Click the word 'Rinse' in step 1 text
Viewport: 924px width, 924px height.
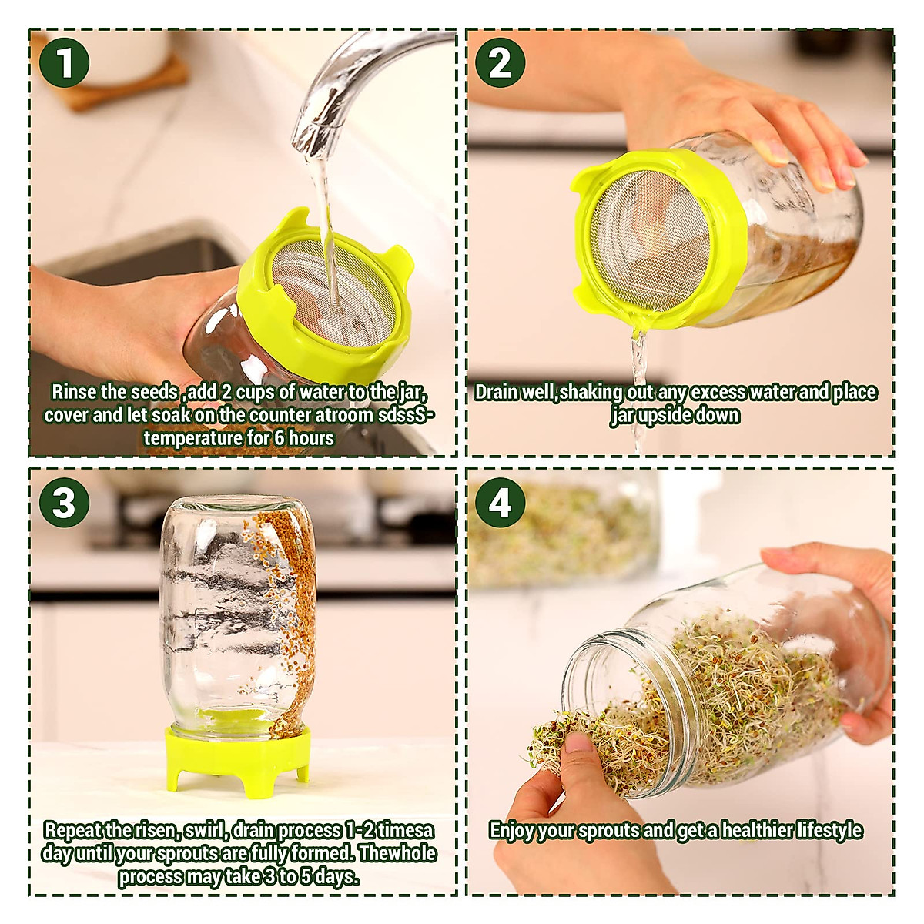tap(74, 392)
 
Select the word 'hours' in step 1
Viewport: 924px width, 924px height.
tap(311, 438)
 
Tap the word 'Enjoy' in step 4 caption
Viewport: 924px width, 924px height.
tap(511, 831)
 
